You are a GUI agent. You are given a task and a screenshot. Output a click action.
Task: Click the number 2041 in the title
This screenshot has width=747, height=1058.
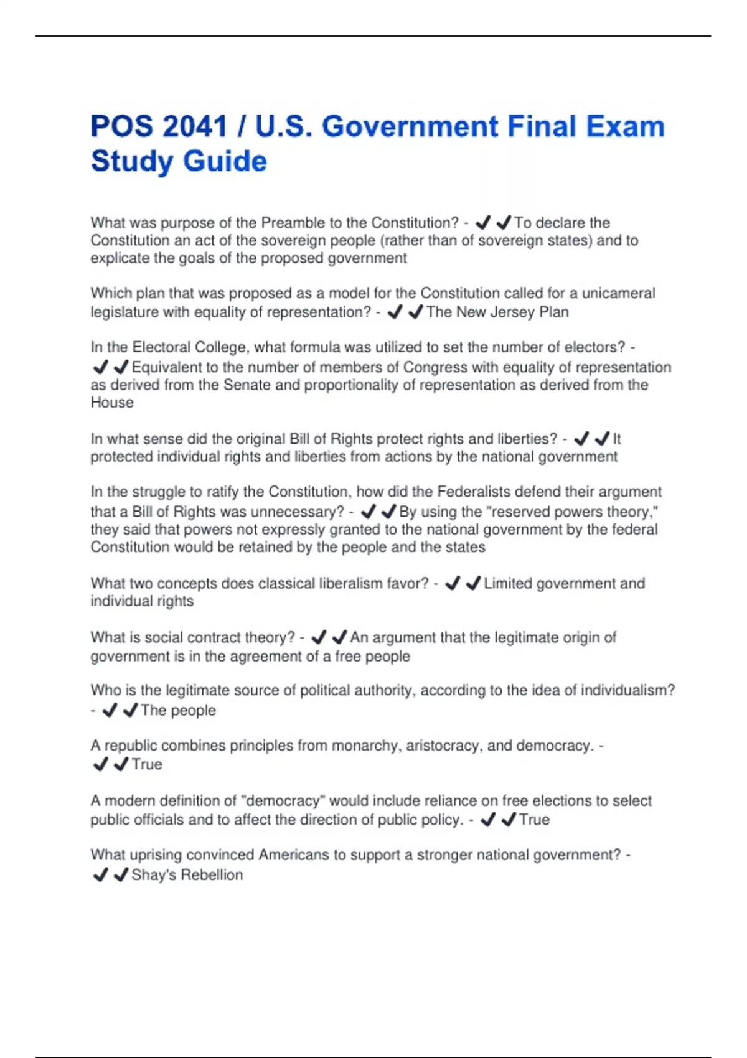click(x=194, y=126)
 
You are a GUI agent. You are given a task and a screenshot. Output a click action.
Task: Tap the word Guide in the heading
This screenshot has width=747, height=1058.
click(x=225, y=161)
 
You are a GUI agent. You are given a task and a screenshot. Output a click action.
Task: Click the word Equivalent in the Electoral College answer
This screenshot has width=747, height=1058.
click(x=167, y=367)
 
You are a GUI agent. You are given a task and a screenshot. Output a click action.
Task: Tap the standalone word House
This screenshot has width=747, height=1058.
click(x=112, y=403)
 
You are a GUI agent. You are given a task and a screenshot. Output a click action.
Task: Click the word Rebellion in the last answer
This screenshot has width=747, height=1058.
click(x=212, y=875)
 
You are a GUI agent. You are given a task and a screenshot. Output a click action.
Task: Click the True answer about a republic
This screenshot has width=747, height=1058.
click(x=147, y=764)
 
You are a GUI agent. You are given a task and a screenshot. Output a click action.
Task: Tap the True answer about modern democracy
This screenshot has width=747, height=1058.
click(x=534, y=820)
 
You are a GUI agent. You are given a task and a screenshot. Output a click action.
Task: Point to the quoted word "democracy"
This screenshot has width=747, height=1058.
click(x=283, y=801)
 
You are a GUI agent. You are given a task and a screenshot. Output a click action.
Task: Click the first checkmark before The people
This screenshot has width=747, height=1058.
click(x=110, y=710)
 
